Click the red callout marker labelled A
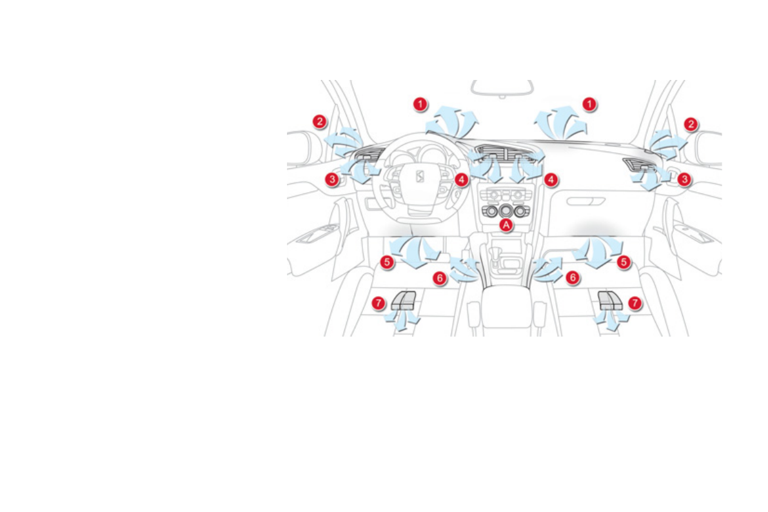506,224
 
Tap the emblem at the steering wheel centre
418,177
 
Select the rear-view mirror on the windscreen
502,88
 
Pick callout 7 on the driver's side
379,302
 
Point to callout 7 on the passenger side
635,302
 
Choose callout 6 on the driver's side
440,278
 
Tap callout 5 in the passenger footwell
623,262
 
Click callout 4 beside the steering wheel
461,180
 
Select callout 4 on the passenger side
550,180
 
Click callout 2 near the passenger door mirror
691,124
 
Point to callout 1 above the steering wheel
420,103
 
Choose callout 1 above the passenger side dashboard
589,103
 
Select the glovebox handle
586,201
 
